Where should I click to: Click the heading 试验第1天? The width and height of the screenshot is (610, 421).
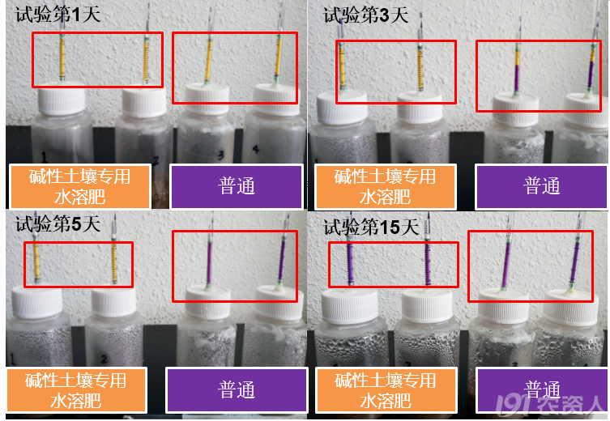pos(58,15)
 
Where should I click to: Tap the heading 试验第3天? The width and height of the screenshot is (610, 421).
pos(366,15)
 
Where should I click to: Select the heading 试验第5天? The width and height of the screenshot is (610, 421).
pos(58,224)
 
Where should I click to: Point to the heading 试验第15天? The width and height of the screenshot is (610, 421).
pos(371,227)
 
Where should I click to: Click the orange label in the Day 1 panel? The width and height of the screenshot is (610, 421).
pos(79,186)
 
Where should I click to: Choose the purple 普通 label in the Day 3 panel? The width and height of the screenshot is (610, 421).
pos(542,186)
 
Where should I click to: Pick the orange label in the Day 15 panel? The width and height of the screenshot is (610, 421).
pos(386,390)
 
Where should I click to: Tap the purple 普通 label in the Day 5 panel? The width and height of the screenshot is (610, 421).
pos(237,390)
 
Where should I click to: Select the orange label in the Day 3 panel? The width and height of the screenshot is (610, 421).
pos(385,186)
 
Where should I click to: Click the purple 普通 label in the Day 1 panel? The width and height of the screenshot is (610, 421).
pos(237,186)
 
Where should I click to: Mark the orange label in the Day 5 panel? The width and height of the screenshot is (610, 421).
pos(76,390)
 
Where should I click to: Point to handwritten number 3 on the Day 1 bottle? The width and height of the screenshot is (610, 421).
pos(221,155)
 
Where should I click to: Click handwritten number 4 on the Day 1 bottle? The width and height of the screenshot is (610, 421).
pos(256,149)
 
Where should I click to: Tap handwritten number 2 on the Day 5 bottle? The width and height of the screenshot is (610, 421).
pos(104,359)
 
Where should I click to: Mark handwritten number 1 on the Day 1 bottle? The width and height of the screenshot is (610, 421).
pos(45,157)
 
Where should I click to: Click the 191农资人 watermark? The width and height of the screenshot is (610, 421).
pos(551,406)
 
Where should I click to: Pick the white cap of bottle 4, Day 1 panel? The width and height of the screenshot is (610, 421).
pos(275,100)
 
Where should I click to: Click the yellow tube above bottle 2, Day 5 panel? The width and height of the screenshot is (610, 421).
pos(114,262)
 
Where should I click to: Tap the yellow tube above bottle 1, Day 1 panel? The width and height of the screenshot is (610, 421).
pos(62,57)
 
